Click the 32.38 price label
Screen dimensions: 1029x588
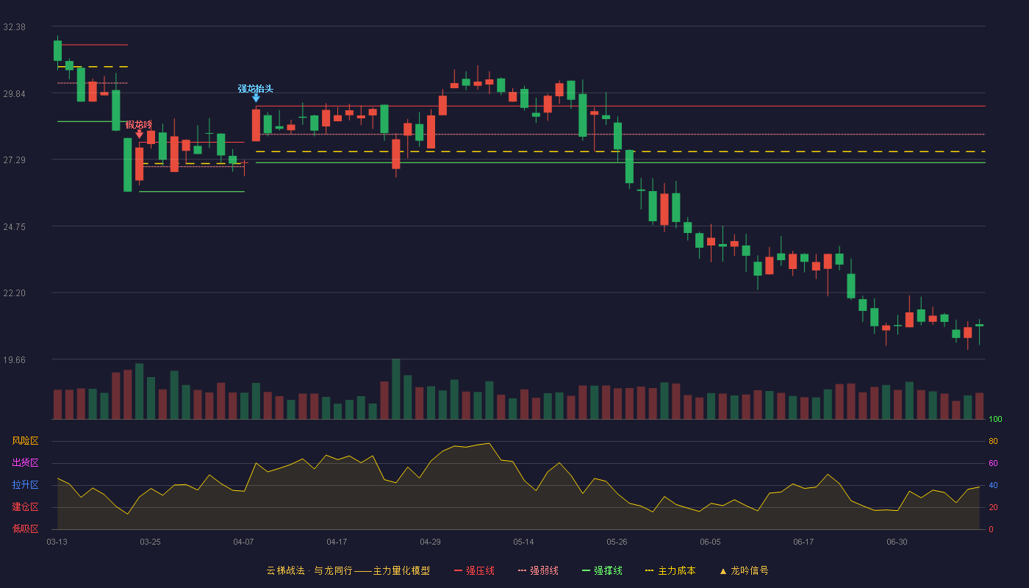coord(14,27)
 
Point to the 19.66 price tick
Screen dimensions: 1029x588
coord(14,359)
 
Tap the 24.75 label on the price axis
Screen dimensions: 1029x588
coord(14,227)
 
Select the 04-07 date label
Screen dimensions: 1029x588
coord(243,542)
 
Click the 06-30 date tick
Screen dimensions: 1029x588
coord(897,542)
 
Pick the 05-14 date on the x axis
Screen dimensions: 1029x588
coord(523,542)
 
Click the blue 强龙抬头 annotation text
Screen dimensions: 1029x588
coord(256,89)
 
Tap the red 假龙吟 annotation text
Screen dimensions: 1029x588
coord(139,124)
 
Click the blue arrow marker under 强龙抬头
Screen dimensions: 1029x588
coord(256,98)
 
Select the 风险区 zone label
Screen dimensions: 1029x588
coord(25,441)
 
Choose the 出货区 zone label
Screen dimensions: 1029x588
coord(25,462)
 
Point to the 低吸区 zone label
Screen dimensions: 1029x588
coord(25,528)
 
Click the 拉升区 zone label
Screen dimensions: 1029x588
coord(25,484)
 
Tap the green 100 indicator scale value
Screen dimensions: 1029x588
coord(995,419)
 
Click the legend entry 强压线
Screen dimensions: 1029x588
coord(474,570)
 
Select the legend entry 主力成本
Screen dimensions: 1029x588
coord(670,570)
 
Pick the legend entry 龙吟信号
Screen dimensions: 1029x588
coord(744,570)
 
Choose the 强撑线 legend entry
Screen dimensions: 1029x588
coord(602,570)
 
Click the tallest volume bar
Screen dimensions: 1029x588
coord(396,389)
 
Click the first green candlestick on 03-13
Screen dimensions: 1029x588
coord(57,51)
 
